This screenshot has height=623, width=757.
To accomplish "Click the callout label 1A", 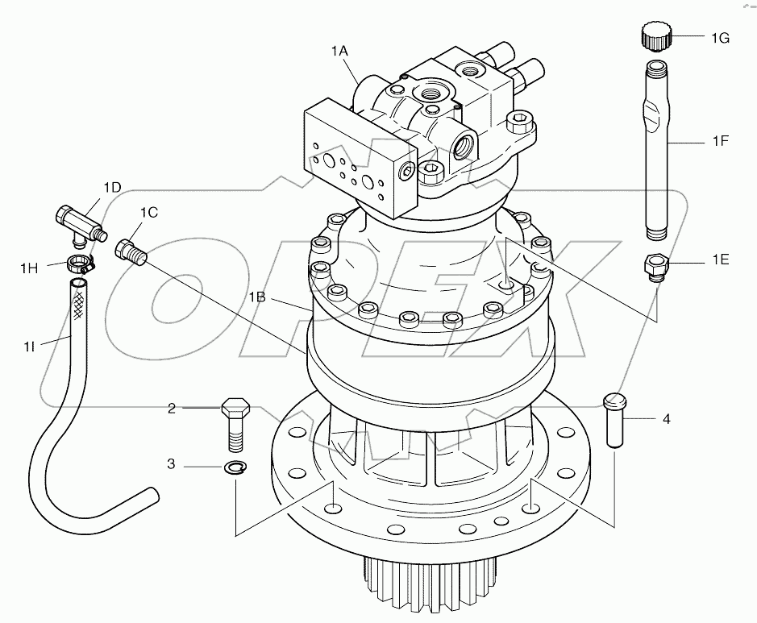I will click(x=339, y=51).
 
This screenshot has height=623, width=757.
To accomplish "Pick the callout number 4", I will click(x=666, y=418).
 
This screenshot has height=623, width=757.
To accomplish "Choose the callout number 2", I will click(x=171, y=409).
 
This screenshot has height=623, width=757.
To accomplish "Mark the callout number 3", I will click(x=171, y=465).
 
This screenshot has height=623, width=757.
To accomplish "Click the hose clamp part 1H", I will click(x=80, y=261).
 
